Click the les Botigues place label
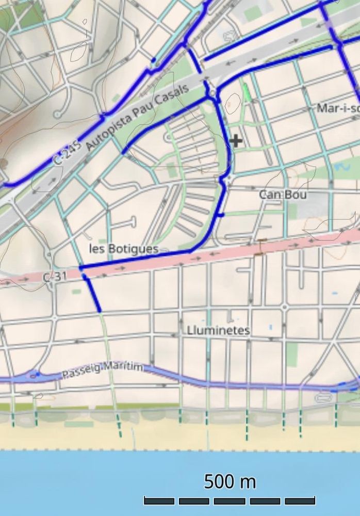coord(123,249)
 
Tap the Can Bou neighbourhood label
coord(282,195)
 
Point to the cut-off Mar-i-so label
coord(338,108)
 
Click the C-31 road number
coord(55,277)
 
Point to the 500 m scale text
coord(230,482)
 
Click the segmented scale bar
coord(229,501)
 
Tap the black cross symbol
coord(236,140)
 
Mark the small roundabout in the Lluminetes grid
coord(284,308)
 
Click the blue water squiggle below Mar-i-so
coord(341,167)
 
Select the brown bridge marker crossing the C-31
coord(261,246)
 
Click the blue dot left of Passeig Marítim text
coord(37,374)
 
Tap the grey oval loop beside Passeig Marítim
coord(324,397)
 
